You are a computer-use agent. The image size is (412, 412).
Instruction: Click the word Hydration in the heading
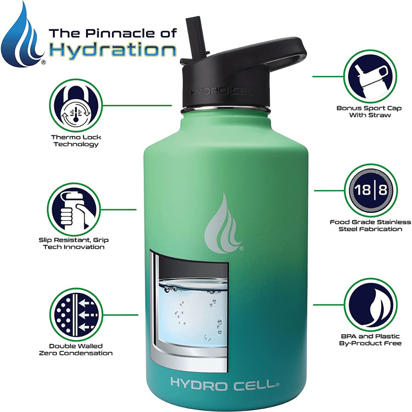[112, 50]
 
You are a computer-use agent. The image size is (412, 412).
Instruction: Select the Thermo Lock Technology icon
[76, 105]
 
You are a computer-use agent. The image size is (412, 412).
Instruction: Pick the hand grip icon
[74, 210]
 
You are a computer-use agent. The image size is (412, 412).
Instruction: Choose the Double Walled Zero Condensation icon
[76, 315]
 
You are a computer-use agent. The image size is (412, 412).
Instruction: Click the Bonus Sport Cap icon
[370, 77]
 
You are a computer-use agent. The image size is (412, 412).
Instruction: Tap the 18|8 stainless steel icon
[371, 190]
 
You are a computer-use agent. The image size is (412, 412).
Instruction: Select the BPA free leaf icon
[370, 305]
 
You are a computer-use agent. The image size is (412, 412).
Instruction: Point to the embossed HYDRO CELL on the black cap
[224, 92]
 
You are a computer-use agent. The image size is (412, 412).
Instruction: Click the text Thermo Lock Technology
[76, 140]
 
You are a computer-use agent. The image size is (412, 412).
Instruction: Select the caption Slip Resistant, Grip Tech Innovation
[74, 243]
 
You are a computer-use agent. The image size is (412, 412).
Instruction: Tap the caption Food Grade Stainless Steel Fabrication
[370, 225]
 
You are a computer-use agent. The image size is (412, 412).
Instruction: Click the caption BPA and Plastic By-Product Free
[370, 340]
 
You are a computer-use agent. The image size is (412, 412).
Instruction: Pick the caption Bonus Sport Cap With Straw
[369, 111]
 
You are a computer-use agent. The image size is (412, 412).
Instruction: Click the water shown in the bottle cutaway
[194, 313]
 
